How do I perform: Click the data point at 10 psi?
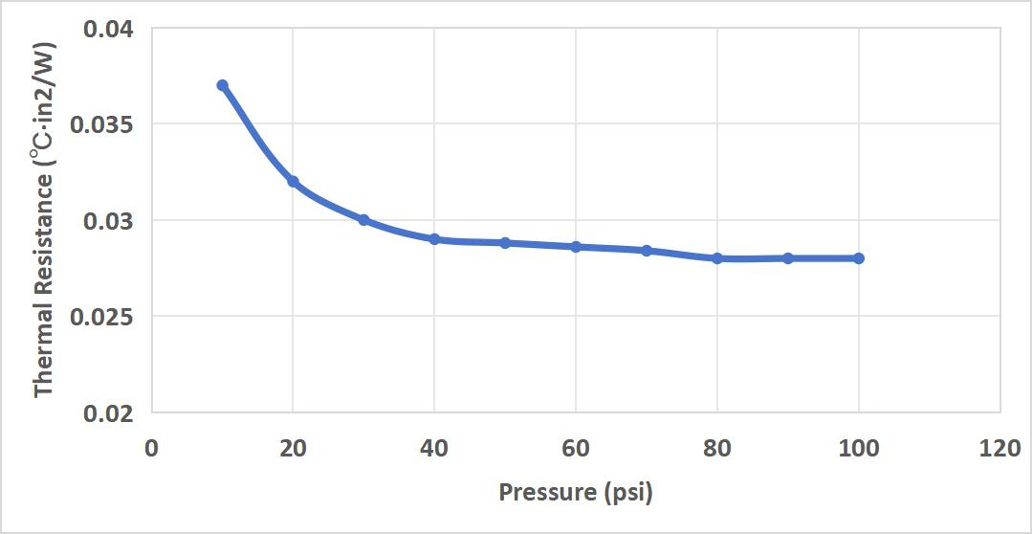(222, 85)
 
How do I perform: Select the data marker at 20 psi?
(293, 182)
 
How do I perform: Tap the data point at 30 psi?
(363, 220)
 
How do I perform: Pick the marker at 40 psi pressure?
(434, 239)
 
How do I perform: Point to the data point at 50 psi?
(505, 243)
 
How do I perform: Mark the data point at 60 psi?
(576, 247)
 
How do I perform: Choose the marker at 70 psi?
(647, 251)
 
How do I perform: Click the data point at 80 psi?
(717, 258)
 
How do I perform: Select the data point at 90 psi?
(788, 258)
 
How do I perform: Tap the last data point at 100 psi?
(859, 258)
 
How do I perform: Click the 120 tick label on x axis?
(1000, 448)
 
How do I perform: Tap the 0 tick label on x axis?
(151, 448)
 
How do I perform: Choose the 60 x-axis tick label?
(576, 448)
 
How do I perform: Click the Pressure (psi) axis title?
(576, 494)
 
